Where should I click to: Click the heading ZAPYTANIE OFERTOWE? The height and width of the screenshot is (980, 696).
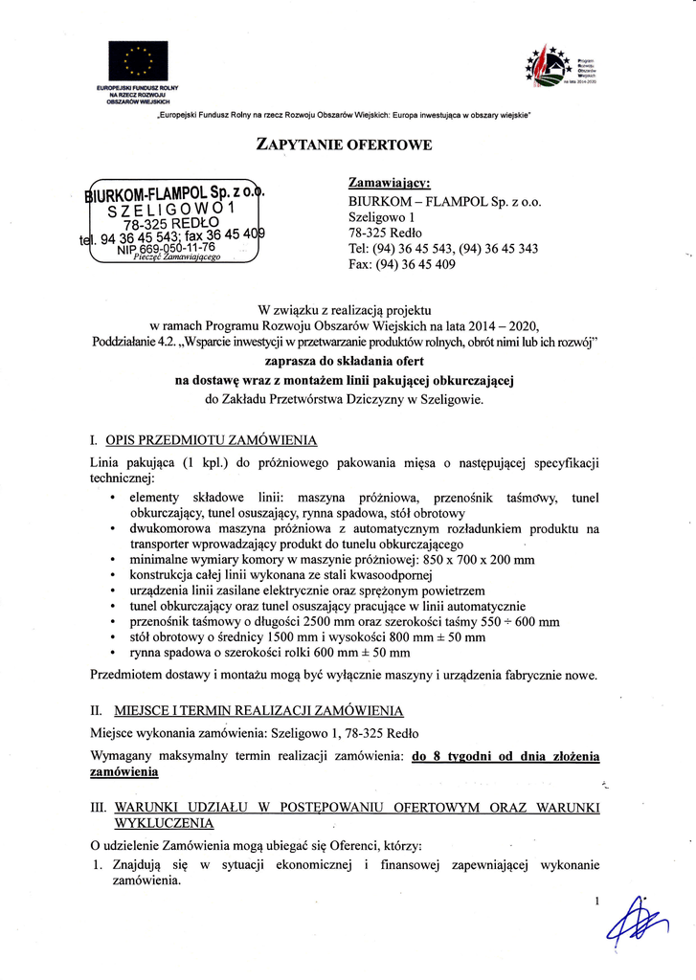(x=345, y=145)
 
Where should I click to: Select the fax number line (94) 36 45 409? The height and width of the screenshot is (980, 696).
(x=402, y=265)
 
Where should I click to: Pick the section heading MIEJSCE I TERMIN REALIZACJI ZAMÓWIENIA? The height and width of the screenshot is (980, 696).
(x=259, y=711)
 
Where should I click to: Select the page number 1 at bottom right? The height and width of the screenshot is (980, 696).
(x=595, y=901)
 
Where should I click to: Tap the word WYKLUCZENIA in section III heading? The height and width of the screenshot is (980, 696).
(x=164, y=823)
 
